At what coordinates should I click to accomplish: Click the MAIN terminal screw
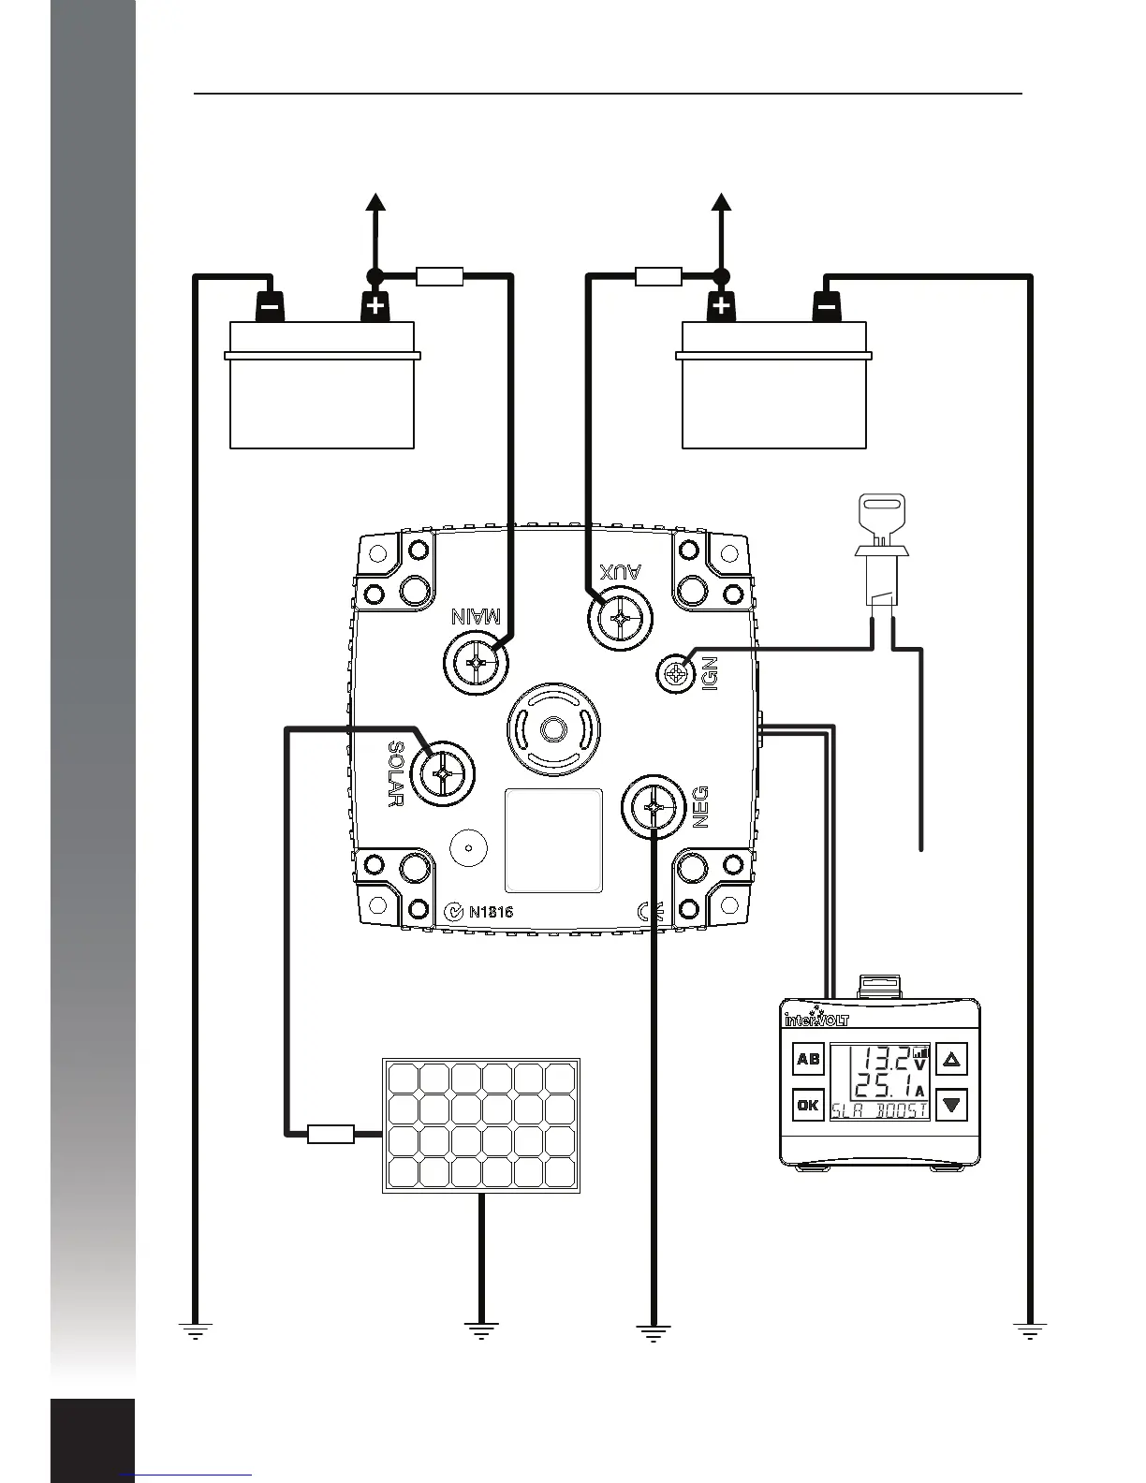(x=477, y=662)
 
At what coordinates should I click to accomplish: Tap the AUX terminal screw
(x=620, y=618)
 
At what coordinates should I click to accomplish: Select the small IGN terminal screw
(x=675, y=673)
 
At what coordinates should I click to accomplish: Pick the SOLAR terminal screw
(x=442, y=773)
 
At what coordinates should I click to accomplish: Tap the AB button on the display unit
(x=808, y=1060)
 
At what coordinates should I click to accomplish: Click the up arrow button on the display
(x=952, y=1060)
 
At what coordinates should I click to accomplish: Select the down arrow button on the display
(x=952, y=1105)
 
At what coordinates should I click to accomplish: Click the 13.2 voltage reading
(x=885, y=1059)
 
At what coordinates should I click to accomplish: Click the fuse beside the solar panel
(x=331, y=1135)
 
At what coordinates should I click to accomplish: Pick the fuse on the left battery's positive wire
(x=439, y=276)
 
